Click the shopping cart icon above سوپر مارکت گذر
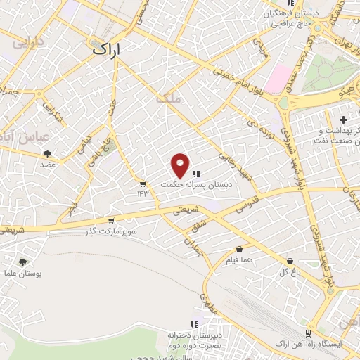(110, 220)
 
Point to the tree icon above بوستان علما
(22, 261)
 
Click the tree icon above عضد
(48, 153)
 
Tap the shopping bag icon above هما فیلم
(239, 249)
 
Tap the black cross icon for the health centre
(343, 120)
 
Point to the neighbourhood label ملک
(172, 101)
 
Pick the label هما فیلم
(239, 260)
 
